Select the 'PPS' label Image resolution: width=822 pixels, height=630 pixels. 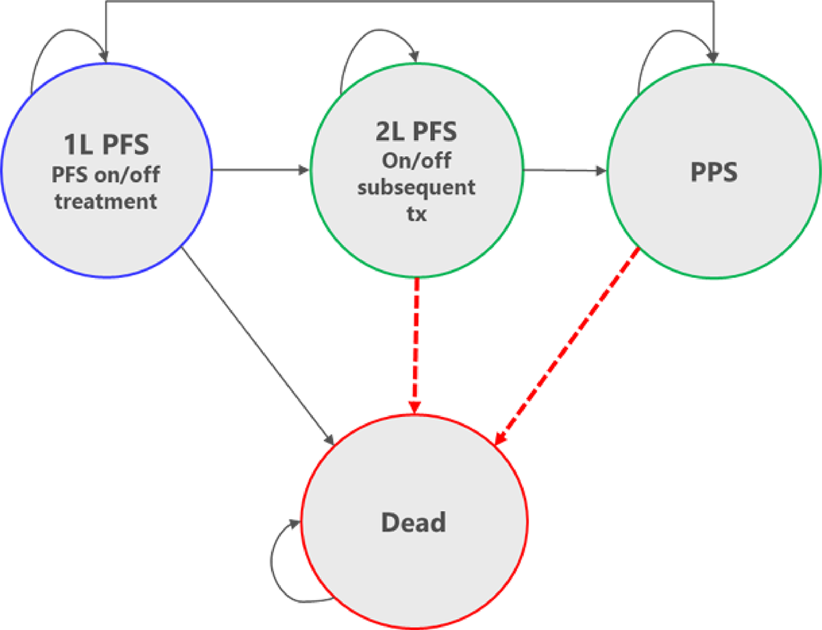click(713, 171)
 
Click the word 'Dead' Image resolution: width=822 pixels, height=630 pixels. click(413, 523)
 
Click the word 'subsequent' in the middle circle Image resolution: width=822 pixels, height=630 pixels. click(416, 187)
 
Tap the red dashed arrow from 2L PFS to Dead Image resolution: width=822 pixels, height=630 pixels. click(416, 342)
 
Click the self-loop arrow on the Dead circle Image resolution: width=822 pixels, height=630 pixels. click(277, 562)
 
